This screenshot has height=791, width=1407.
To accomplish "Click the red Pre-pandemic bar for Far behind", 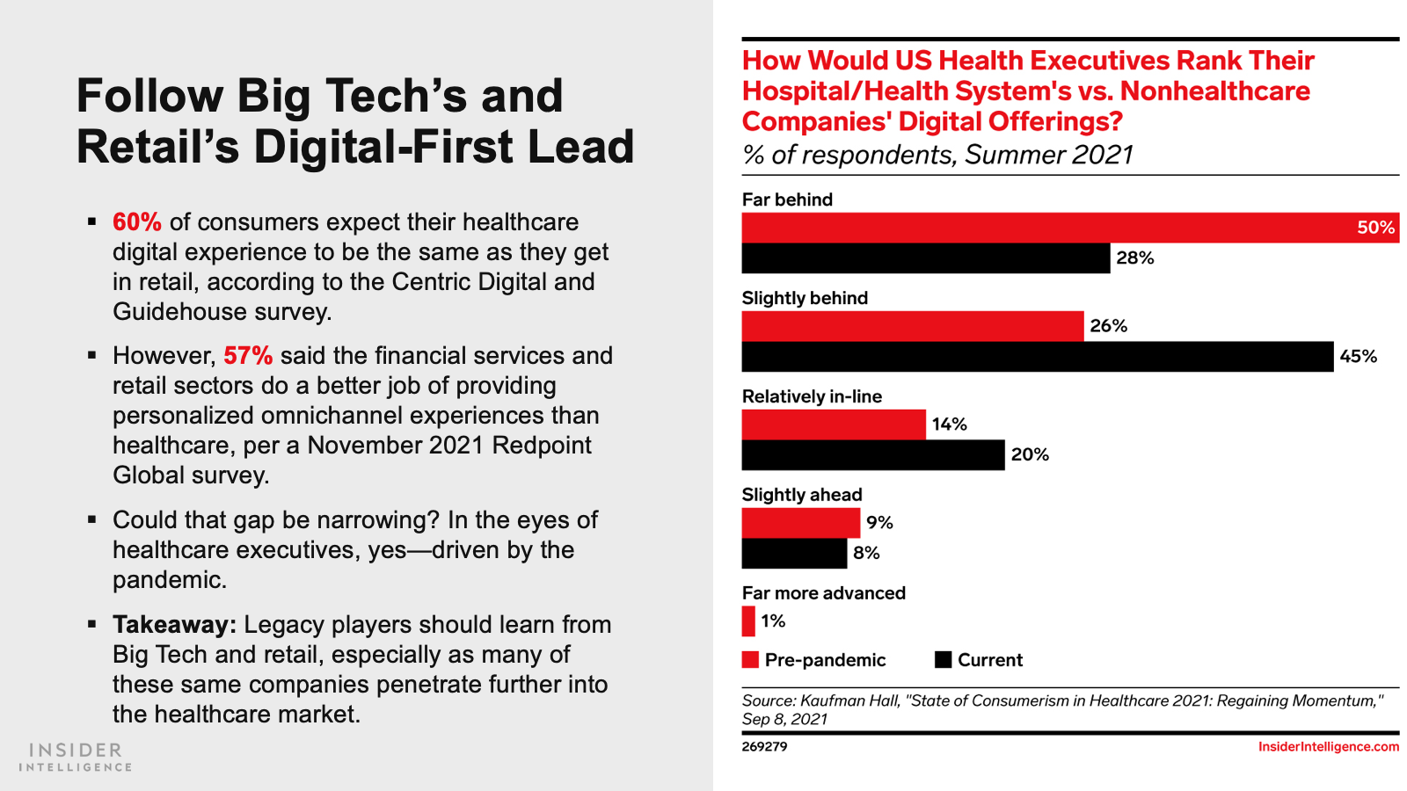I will point(1046,228).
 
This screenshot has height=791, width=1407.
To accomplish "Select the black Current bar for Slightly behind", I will point(1038,357).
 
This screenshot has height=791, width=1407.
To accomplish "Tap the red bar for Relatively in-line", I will point(834,425).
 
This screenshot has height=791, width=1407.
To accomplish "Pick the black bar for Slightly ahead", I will point(794,554).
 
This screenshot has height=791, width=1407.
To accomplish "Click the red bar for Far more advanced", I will point(748,621).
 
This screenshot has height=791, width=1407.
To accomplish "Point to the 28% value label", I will point(1134,258).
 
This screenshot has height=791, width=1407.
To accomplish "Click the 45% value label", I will point(1358,357).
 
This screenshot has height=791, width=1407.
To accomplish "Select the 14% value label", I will point(949,425).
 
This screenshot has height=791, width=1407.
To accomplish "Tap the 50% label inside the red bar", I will point(1375,228).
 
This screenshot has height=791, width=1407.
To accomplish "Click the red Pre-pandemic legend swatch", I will point(750,660).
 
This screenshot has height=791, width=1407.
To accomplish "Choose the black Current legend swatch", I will point(943,660).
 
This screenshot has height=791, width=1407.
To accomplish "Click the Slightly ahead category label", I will point(802,495).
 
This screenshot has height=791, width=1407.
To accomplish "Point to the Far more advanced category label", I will point(823,593).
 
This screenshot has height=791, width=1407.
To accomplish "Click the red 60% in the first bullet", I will point(136,222).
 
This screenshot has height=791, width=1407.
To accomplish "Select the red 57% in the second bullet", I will point(247,356).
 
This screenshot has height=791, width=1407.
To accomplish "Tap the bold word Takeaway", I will point(174,625).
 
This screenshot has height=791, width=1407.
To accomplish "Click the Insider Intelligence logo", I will point(76,757).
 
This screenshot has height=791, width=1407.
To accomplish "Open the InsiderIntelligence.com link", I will point(1328,747).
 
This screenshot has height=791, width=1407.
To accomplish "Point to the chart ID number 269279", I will point(764,747).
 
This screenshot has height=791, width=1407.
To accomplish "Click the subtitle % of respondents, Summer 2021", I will point(937,156).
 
